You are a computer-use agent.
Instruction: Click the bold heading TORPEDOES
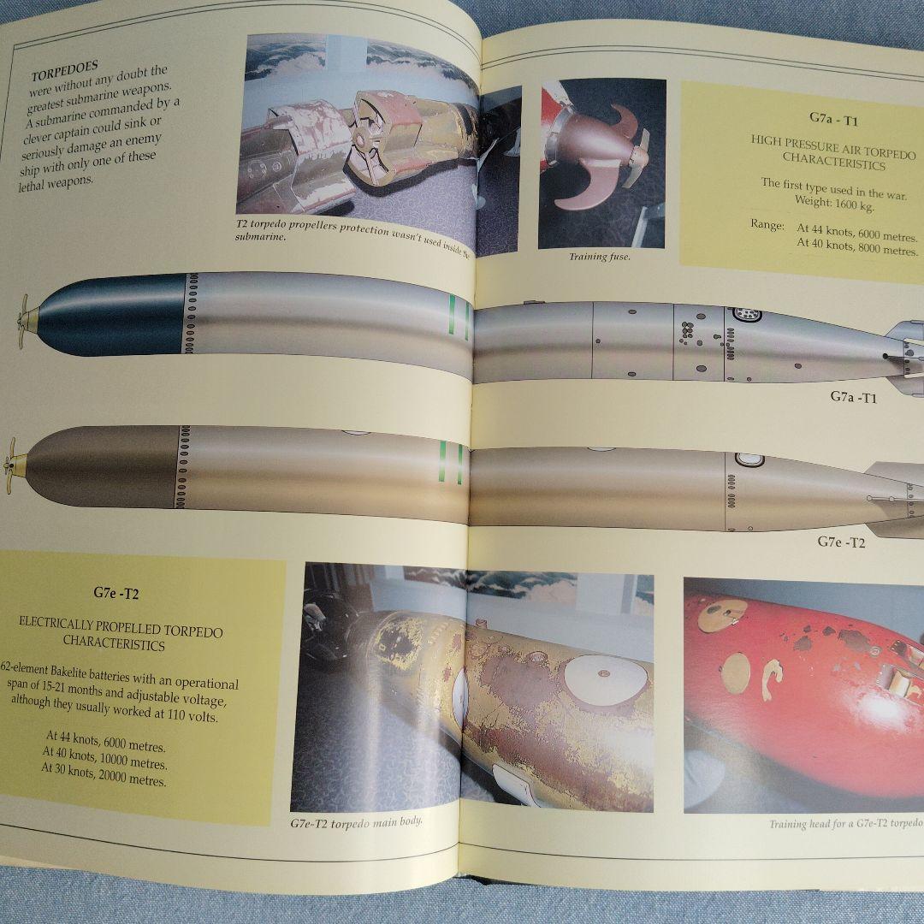click(x=64, y=65)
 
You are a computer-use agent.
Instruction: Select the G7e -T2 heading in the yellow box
click(x=116, y=592)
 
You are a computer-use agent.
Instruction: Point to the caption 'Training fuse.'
click(x=599, y=257)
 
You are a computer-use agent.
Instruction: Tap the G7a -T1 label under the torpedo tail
click(x=853, y=397)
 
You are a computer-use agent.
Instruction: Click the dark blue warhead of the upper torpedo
click(x=111, y=314)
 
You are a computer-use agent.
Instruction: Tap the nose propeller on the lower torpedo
click(x=15, y=467)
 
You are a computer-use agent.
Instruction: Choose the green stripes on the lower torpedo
click(x=450, y=464)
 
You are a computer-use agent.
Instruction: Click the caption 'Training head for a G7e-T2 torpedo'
click(x=844, y=824)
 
